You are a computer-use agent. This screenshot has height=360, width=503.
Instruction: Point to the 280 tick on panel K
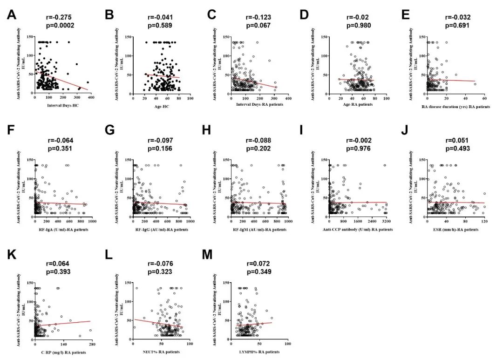tap(91, 345)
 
